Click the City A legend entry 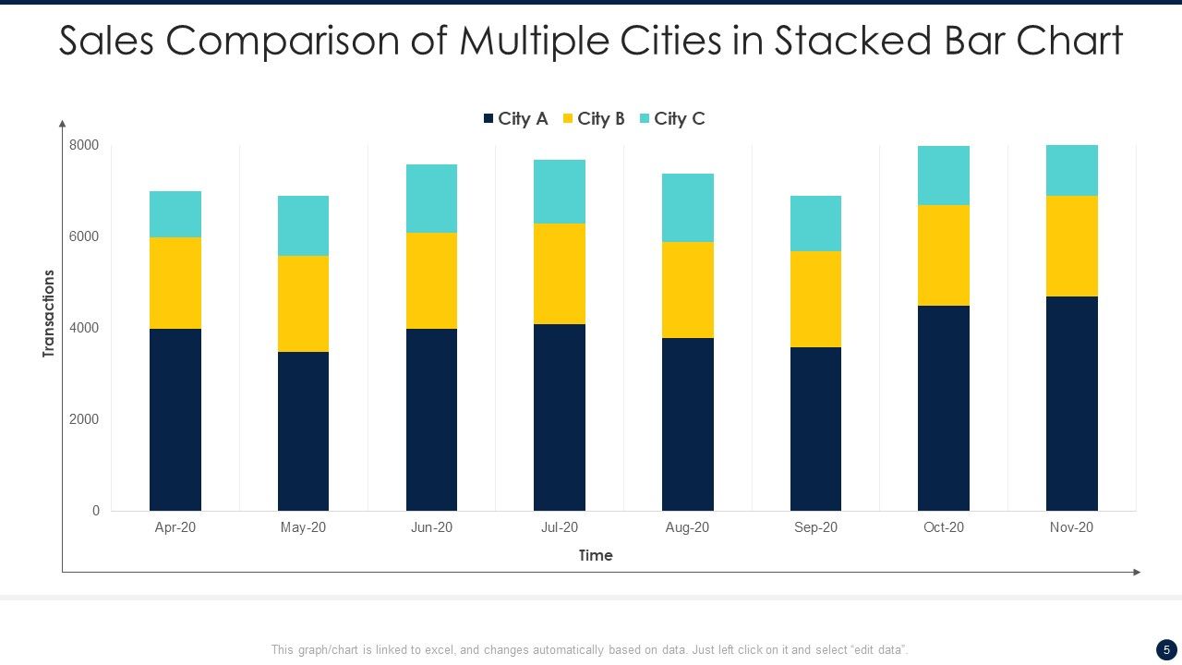tap(515, 118)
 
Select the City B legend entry tap(594, 118)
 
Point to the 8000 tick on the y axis tap(83, 145)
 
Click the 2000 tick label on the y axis tap(83, 419)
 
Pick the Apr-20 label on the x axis tap(175, 527)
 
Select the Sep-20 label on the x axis tap(815, 527)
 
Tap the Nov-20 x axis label tap(1071, 527)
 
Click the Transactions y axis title tap(49, 314)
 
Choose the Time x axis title tap(595, 555)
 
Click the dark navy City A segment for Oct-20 tap(943, 407)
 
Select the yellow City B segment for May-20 tap(303, 303)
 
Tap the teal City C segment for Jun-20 tap(431, 199)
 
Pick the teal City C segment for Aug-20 tap(687, 208)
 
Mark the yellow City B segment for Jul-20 tap(559, 273)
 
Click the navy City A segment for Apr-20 tap(175, 419)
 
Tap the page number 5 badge tap(1165, 649)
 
